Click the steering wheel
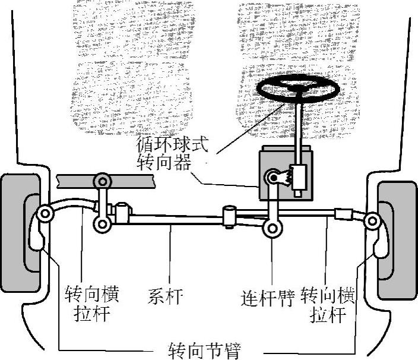[297, 89]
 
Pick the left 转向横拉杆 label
[91, 303]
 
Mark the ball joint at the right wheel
[372, 221]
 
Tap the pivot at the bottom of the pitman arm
[272, 227]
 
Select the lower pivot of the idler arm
[103, 224]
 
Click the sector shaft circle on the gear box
[274, 176]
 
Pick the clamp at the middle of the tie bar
[230, 214]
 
